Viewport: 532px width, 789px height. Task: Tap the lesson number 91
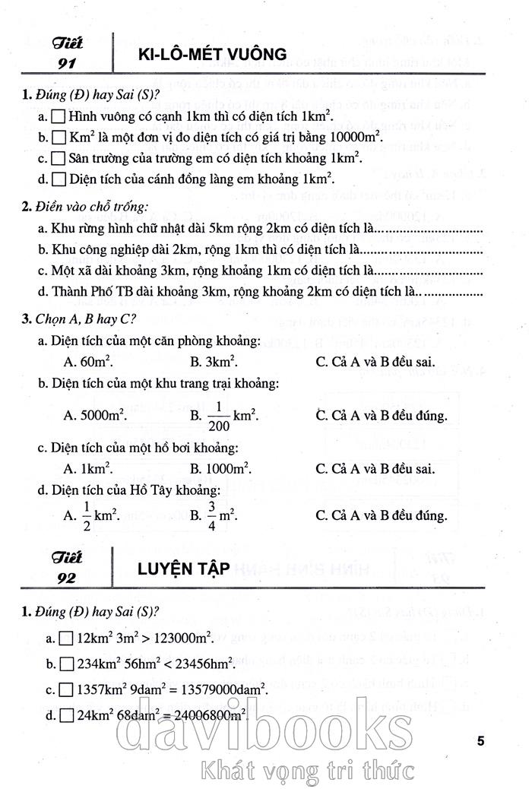67,62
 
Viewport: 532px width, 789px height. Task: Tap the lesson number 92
67,578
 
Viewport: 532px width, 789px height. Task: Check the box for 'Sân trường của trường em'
57,159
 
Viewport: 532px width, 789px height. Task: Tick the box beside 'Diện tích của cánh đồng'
57,179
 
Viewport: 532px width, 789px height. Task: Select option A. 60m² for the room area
84,362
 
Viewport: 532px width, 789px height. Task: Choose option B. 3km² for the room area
213,362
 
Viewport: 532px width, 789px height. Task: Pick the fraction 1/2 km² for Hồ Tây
92,515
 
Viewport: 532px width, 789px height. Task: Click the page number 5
480,740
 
